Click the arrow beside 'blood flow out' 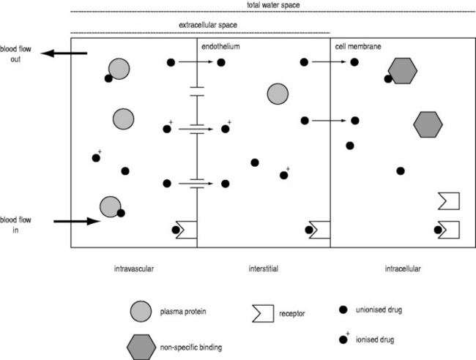64,53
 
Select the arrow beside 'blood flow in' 76,220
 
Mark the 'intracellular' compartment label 402,269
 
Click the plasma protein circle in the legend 140,311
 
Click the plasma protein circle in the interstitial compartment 277,94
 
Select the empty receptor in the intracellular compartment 447,200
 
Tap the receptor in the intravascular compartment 186,229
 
